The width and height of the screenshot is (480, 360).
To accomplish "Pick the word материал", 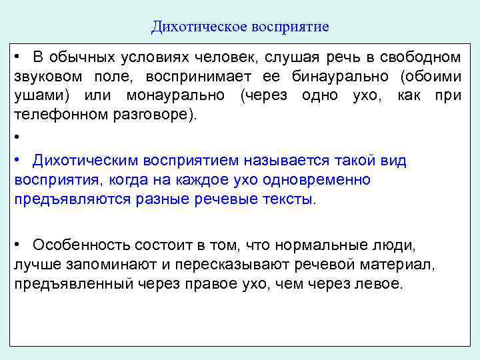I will [x=403, y=264].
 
